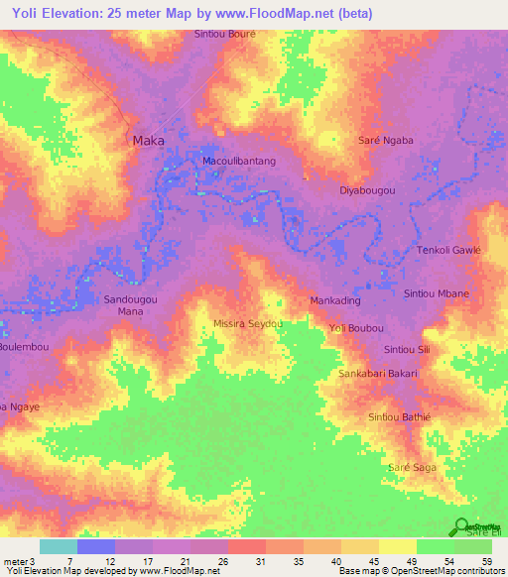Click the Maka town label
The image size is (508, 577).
pos(149,141)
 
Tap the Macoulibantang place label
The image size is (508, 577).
pos(238,160)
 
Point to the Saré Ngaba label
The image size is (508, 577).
pos(385,141)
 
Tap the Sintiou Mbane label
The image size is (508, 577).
pos(437,293)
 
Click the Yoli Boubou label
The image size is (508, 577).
pos(355,327)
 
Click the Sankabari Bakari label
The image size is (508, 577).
pos(378,373)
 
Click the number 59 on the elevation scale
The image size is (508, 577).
pos(485,560)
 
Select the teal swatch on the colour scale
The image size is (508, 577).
pos(59,546)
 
